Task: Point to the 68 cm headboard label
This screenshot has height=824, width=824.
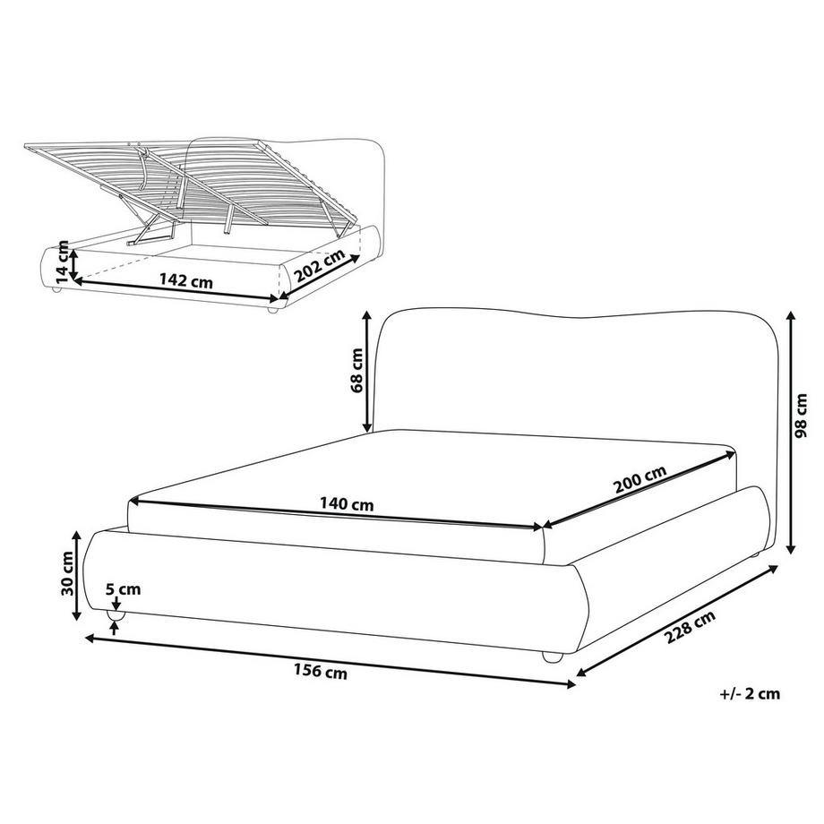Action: [x=356, y=372]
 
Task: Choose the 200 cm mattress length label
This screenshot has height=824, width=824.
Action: [x=639, y=480]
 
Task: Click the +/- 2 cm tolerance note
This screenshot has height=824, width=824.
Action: [x=749, y=692]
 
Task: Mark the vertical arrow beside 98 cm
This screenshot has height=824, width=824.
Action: [x=791, y=433]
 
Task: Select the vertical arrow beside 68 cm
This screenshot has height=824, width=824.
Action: [x=367, y=372]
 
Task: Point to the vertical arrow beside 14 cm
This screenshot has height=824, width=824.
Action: [x=75, y=262]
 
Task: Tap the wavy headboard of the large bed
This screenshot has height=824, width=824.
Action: [x=573, y=376]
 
